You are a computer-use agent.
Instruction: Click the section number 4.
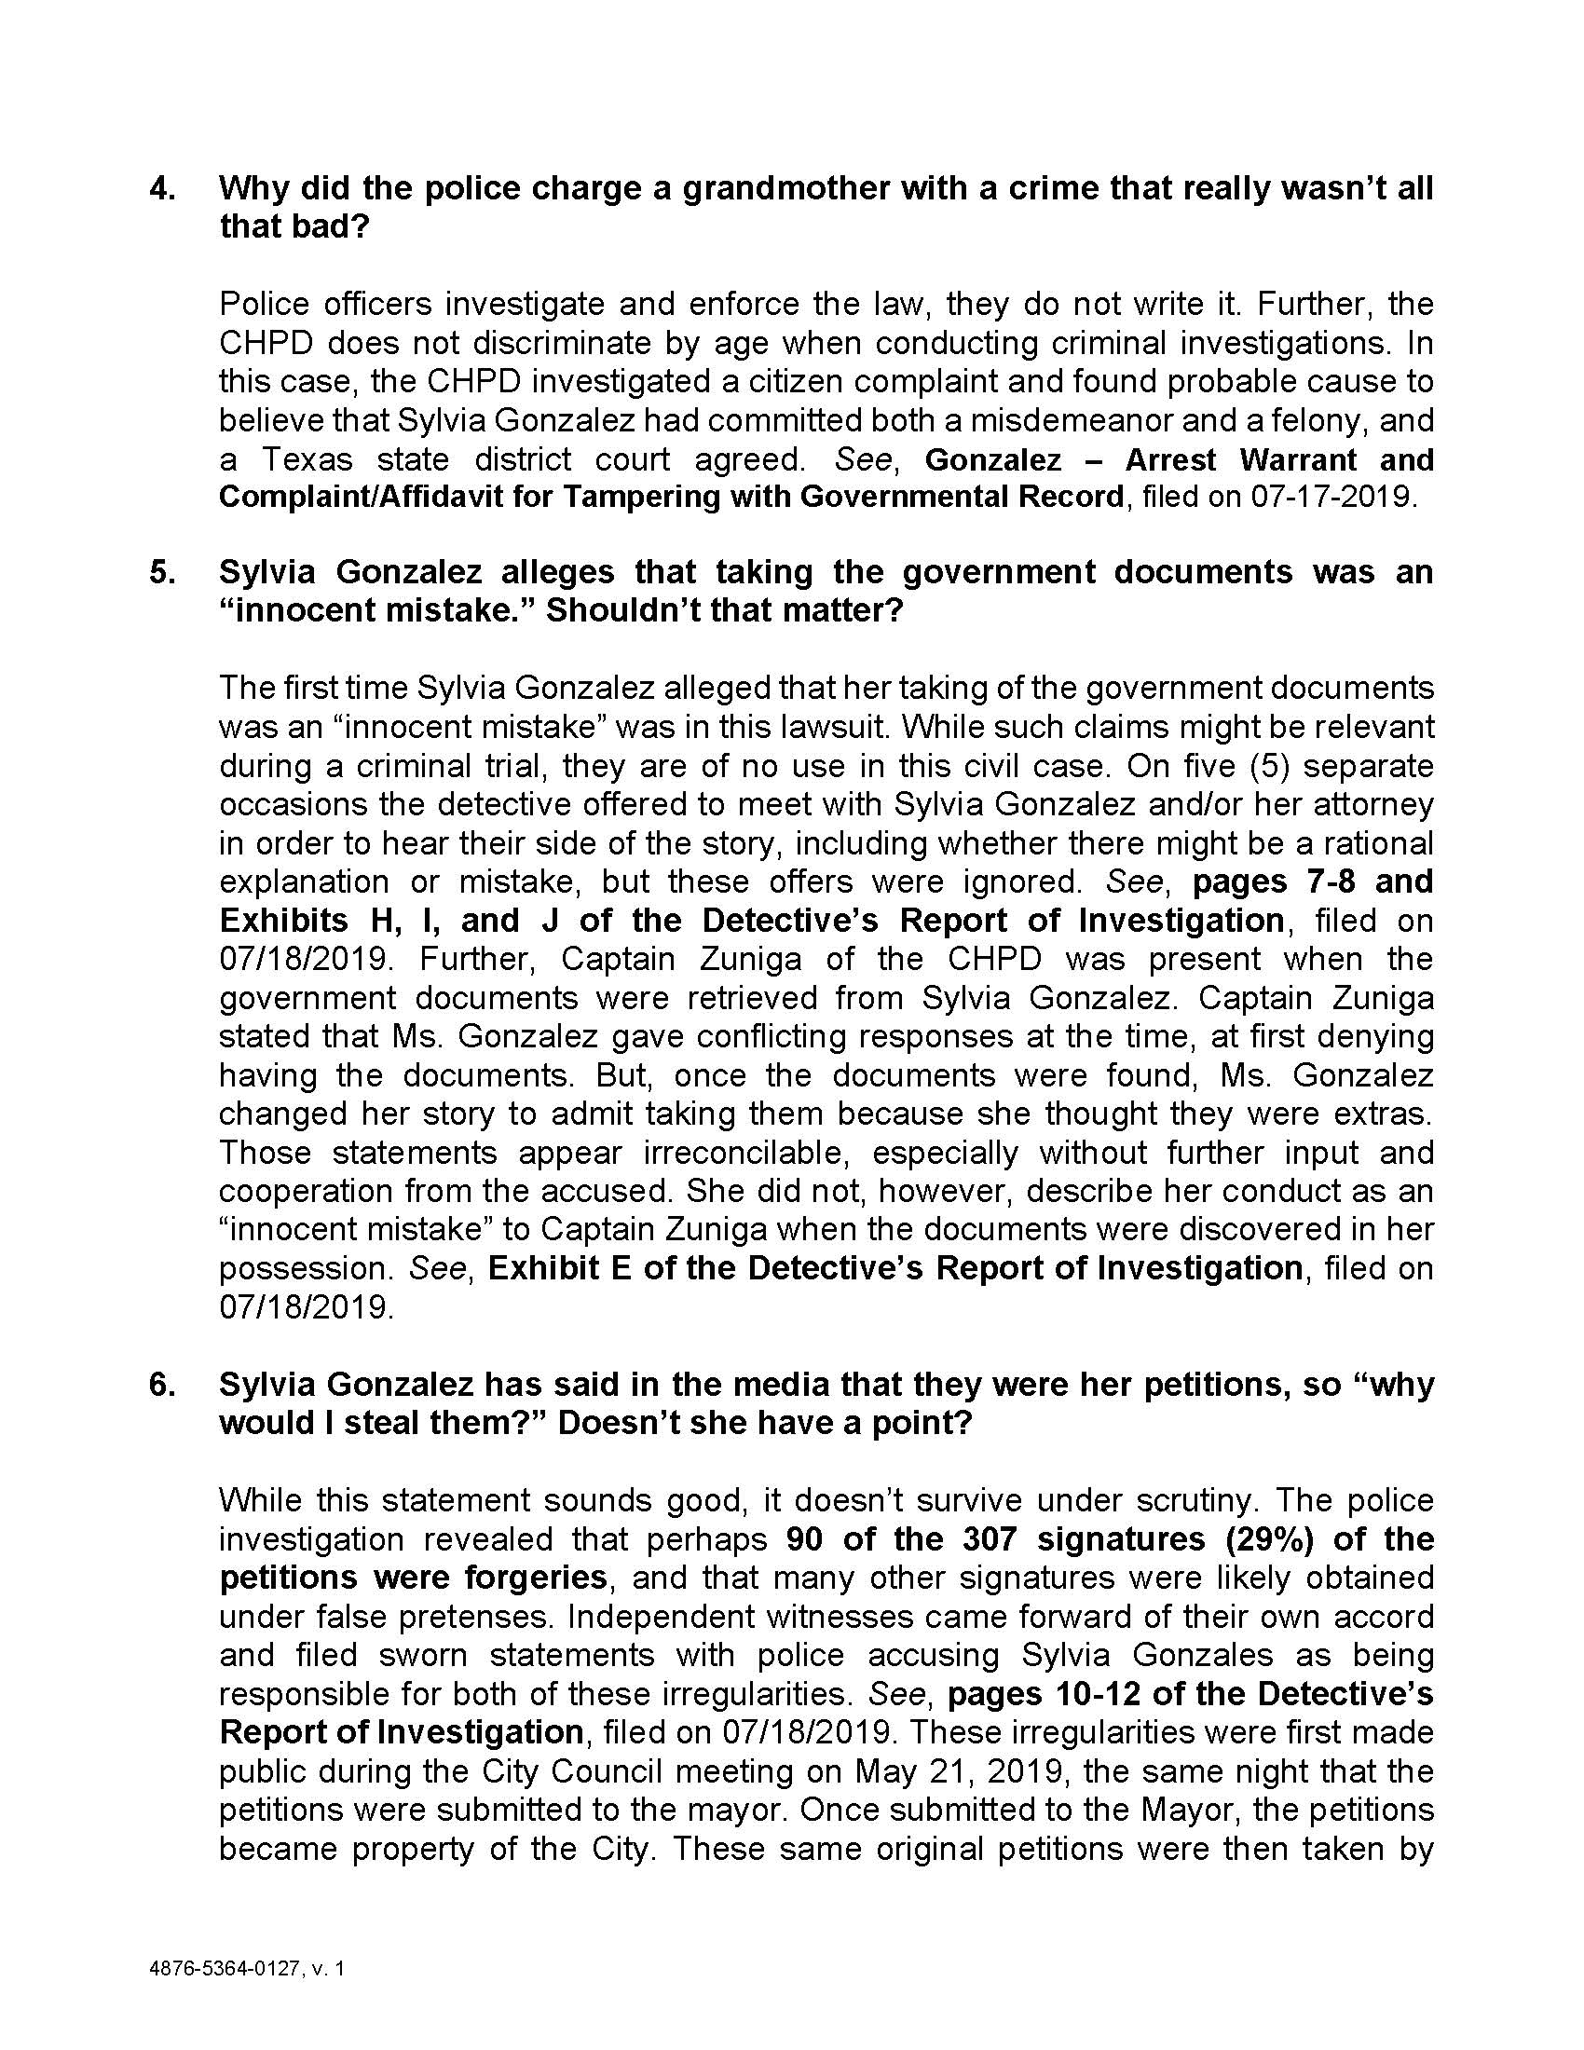coord(160,188)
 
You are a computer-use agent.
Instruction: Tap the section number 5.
coord(160,571)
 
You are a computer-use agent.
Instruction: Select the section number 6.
coord(160,1385)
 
